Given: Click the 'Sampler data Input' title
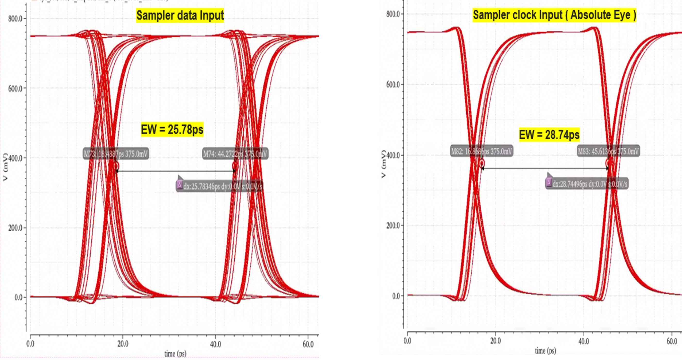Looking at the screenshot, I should [x=180, y=15].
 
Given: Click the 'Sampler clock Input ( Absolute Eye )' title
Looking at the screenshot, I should [x=554, y=15].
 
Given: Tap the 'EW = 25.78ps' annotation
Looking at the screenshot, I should [x=172, y=129].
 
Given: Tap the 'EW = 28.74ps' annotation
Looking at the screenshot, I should [x=549, y=135].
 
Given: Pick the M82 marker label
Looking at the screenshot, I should [x=482, y=151].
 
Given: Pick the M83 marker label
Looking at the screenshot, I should [x=608, y=151].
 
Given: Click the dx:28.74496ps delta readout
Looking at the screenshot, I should [x=587, y=184].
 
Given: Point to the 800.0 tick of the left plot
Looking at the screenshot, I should [x=15, y=19].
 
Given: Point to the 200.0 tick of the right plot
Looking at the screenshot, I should [x=393, y=226].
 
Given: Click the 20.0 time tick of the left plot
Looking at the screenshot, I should [x=123, y=344].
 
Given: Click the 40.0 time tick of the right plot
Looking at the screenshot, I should [x=583, y=341].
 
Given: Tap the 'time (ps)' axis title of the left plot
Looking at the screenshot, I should [x=175, y=354].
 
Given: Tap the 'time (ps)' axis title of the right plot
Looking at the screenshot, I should [x=546, y=351].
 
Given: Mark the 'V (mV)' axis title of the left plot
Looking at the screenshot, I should [x=5, y=167].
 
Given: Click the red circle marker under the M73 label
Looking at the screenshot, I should [x=116, y=166].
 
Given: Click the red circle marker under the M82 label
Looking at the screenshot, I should [x=482, y=163].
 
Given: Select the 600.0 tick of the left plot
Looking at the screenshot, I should [x=15, y=88].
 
